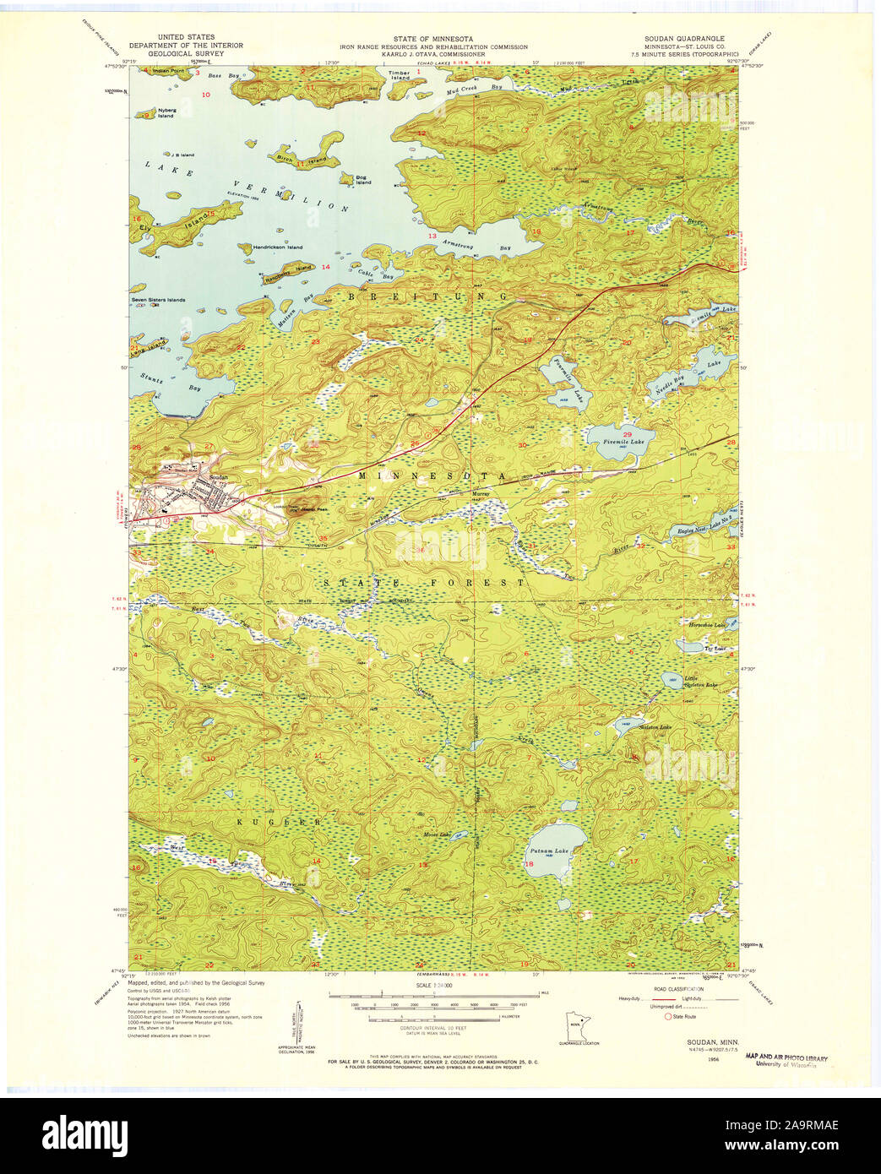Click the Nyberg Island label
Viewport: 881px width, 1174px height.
click(x=166, y=113)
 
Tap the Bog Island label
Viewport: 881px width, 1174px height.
click(x=363, y=179)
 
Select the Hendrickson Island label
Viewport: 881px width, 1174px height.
click(x=271, y=247)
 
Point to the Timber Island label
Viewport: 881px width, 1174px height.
click(x=399, y=75)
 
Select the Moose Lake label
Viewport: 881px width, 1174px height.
click(x=438, y=834)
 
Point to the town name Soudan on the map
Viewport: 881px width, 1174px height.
click(x=218, y=476)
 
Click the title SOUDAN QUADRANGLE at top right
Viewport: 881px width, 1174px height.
click(x=691, y=39)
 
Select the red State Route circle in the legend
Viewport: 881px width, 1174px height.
click(x=667, y=1015)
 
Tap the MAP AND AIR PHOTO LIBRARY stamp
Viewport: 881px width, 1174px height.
click(x=787, y=1058)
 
